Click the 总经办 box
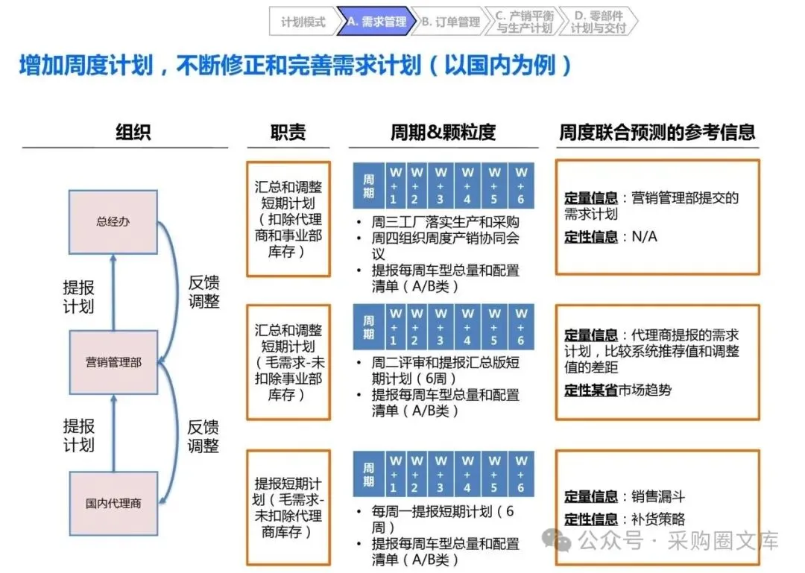[113, 222]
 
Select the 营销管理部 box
[113, 362]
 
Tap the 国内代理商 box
[113, 503]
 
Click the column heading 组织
[133, 132]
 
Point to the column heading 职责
[288, 132]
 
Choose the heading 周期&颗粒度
[443, 132]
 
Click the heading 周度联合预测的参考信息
[657, 132]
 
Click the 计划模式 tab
[303, 21]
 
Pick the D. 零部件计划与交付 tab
[599, 21]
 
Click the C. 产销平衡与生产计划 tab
[525, 21]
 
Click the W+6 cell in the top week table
[521, 186]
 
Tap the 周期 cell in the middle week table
[369, 327]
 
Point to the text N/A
[644, 236]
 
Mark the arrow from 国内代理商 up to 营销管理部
[113, 433]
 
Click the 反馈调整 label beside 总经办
[203, 291]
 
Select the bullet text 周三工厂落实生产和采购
[445, 222]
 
